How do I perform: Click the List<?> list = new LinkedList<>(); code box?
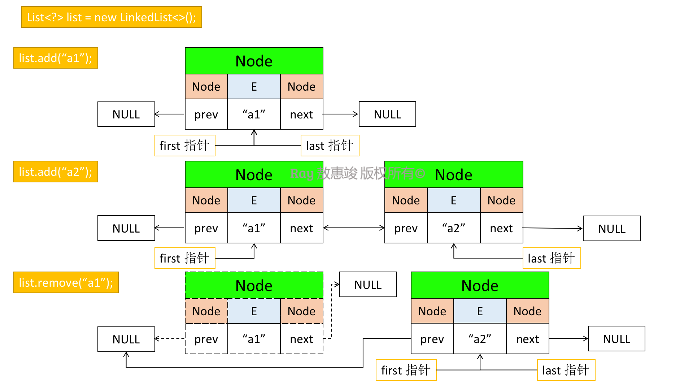point(112,17)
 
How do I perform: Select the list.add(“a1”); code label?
point(56,58)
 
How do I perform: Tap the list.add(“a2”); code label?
point(56,172)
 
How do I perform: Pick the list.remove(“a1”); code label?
point(66,282)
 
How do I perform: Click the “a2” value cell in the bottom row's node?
point(480,339)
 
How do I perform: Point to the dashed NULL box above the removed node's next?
point(368,285)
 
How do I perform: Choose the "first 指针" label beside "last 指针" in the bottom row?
point(406,370)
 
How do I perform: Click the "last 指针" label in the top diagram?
point(330,146)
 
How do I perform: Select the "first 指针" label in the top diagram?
point(185,146)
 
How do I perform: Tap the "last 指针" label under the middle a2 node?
point(552,258)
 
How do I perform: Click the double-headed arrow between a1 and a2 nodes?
point(354,228)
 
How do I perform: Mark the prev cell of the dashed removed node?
point(206,339)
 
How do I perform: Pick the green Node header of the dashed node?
point(254,285)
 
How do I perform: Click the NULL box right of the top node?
point(387,114)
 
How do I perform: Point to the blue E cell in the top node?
point(254,87)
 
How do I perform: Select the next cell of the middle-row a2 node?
point(502,228)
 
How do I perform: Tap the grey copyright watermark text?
point(358,174)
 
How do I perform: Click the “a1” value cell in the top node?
point(254,114)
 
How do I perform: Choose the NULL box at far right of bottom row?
point(616,339)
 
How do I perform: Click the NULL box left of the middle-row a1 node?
point(126,228)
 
